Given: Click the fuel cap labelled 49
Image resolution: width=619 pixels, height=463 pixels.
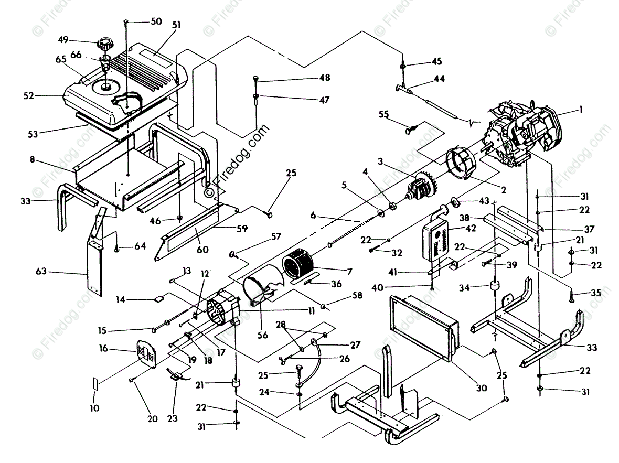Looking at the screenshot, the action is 104,44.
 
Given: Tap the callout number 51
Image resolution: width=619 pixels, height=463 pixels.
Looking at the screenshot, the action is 176,25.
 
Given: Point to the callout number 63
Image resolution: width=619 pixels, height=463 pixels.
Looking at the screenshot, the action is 41,271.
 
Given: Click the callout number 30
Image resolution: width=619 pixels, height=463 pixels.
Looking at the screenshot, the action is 481,388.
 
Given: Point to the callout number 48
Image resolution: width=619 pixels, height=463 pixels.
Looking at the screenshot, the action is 325,78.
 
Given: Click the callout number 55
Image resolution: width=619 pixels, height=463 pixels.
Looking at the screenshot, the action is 383,114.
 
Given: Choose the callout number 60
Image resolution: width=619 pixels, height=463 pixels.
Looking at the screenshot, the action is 202,249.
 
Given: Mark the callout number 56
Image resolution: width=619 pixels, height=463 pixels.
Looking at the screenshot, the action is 262,335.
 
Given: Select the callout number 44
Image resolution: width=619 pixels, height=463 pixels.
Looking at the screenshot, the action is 439,79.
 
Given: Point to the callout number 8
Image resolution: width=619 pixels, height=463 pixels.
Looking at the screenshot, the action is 33,159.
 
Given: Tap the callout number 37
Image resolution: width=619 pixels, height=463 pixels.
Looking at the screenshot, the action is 589,229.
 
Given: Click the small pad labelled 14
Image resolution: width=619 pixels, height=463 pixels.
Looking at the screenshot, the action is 159,299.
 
